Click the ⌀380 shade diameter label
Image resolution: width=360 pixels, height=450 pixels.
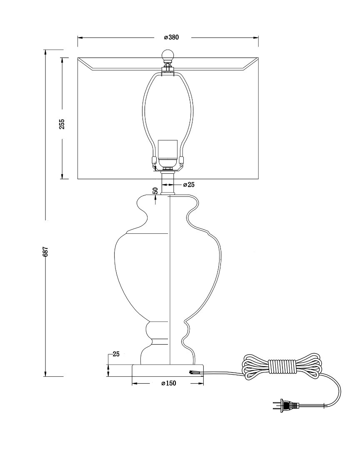(x=171, y=37)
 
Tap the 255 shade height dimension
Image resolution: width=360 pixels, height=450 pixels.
(x=62, y=124)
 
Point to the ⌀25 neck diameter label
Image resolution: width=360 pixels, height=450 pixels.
(x=189, y=185)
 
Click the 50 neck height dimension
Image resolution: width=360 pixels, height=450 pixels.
(x=155, y=191)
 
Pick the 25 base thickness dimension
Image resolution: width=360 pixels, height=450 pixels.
(x=116, y=354)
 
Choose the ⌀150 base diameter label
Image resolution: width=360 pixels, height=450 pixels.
(x=168, y=383)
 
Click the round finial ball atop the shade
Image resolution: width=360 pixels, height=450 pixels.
(x=167, y=55)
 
